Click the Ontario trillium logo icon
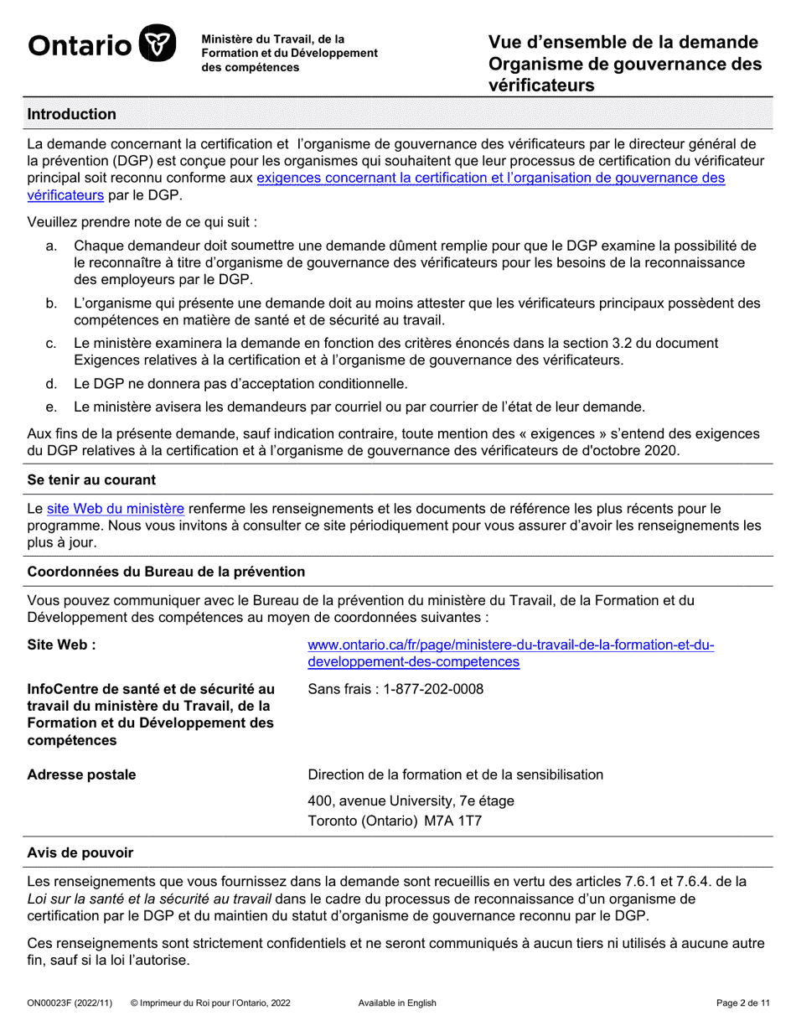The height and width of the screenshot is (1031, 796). coord(157,44)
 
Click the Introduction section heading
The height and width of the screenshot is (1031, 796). coord(72,114)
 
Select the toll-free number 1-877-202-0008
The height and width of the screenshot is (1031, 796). coord(434,690)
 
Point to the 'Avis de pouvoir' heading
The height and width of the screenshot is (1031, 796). coord(80,852)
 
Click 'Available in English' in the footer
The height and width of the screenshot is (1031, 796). coord(397,1003)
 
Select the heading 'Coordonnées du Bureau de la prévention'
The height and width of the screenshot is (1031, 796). coord(166,572)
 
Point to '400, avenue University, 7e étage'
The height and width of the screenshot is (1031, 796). coord(411,800)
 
